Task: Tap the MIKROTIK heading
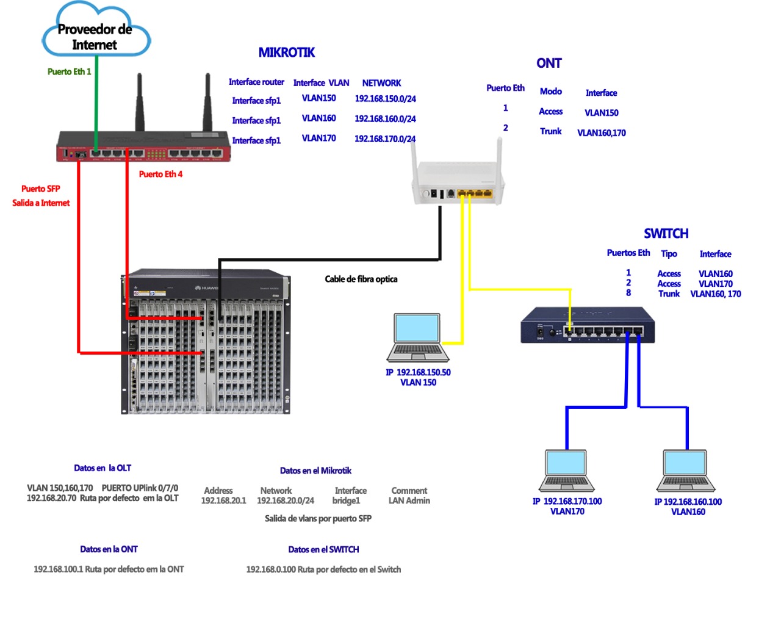[x=286, y=52]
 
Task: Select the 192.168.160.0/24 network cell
[x=385, y=119]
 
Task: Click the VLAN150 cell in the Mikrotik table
[x=319, y=98]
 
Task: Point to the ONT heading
[x=549, y=63]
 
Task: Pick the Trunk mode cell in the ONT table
[x=550, y=131]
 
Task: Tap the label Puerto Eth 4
[x=160, y=175]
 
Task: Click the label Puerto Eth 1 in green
[x=69, y=72]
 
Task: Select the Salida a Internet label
[x=41, y=203]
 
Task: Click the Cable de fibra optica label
[x=361, y=280]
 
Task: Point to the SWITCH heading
[x=666, y=234]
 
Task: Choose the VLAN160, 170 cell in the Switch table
[x=715, y=294]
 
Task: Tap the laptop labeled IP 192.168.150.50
[x=418, y=337]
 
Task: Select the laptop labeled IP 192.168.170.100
[x=567, y=471]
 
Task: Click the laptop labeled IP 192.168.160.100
[x=686, y=471]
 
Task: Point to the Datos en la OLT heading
[x=103, y=468]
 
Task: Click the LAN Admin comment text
[x=409, y=501]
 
